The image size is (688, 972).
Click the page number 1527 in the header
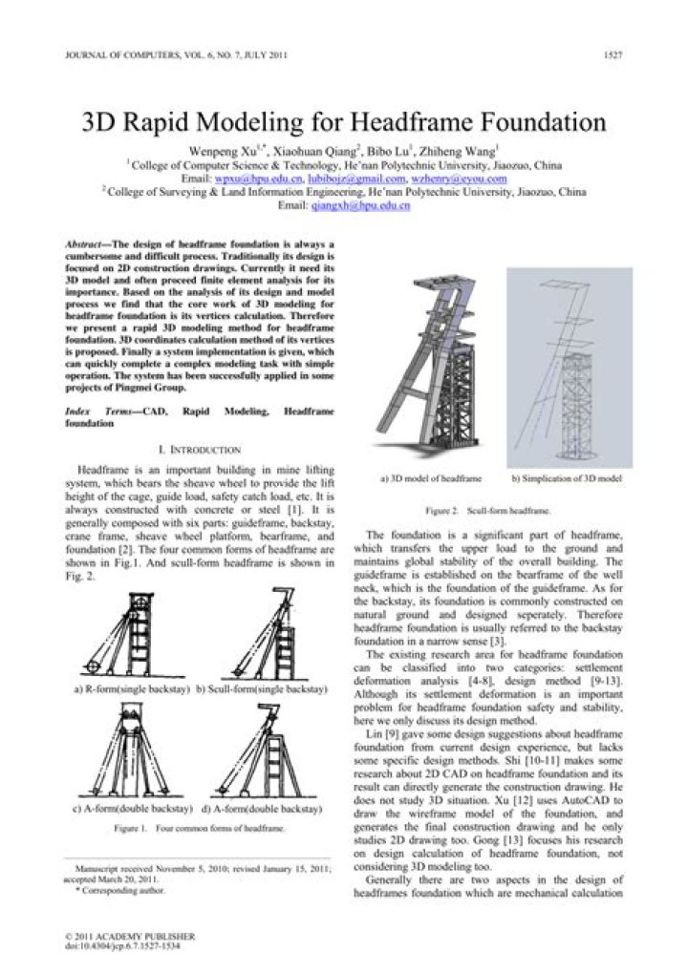coord(613,54)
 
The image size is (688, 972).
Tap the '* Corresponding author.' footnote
coord(118,890)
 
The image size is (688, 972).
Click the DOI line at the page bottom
coord(121,946)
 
